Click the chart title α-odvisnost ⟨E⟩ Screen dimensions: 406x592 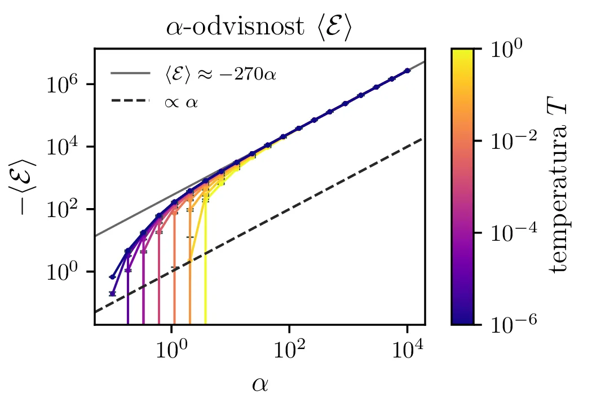tap(259, 29)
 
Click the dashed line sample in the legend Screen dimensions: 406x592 tap(130, 101)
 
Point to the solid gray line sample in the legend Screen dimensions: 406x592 tap(130, 73)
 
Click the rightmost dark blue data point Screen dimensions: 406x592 tap(407, 70)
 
